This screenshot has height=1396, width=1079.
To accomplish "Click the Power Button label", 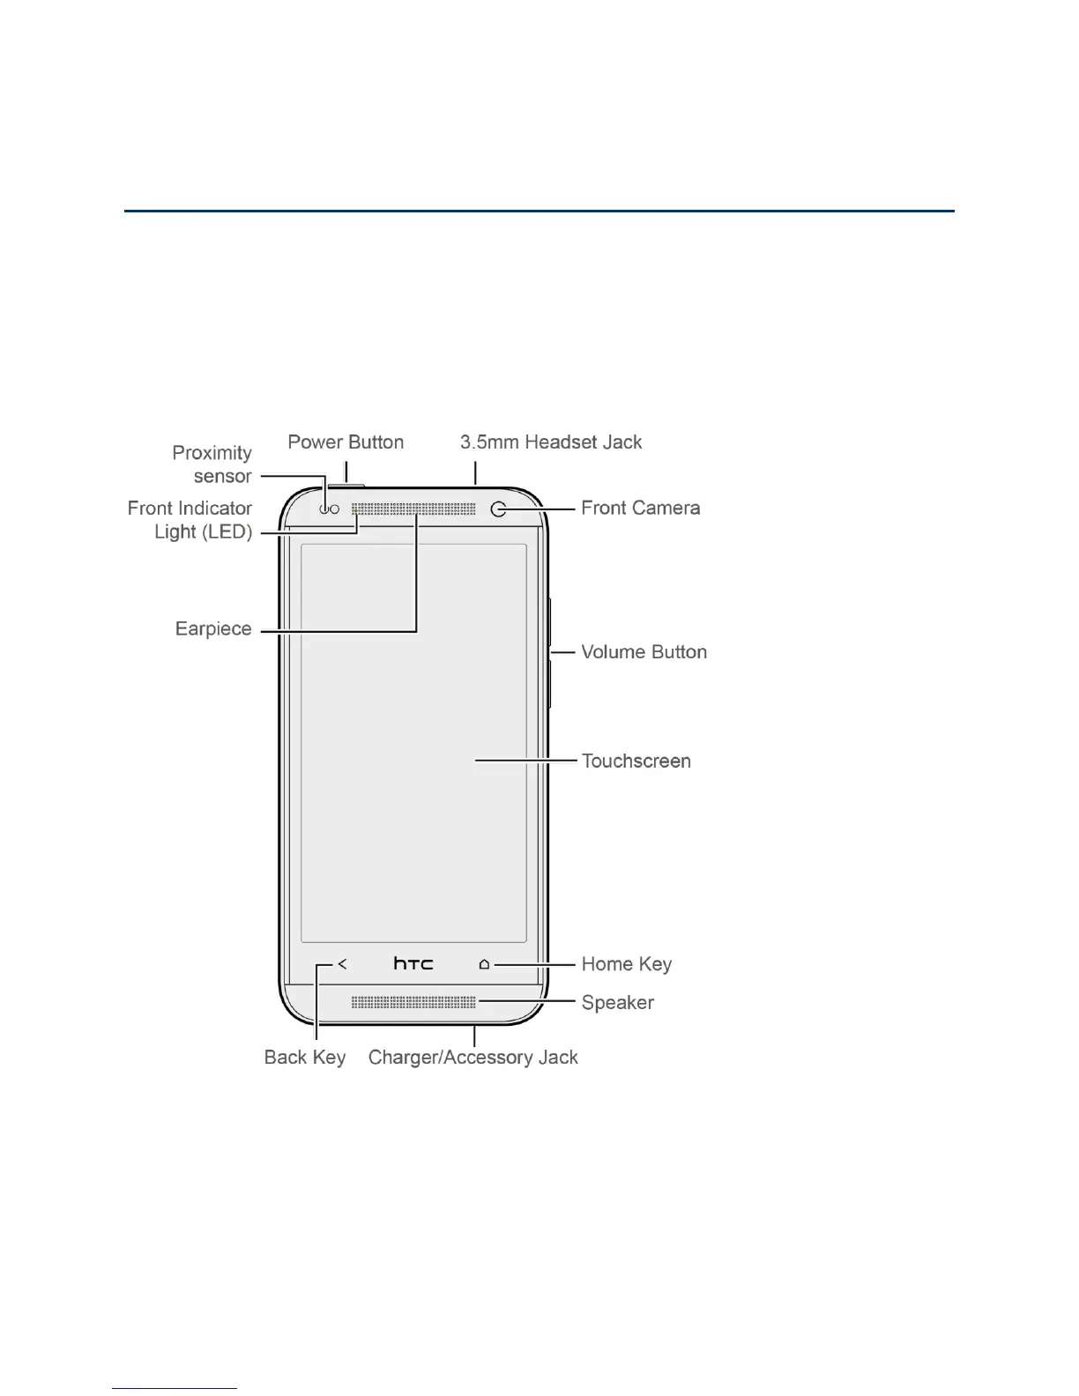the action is (x=346, y=442).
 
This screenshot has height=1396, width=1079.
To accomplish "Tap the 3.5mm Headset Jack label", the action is (x=551, y=442).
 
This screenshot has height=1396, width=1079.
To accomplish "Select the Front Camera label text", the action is (x=640, y=509).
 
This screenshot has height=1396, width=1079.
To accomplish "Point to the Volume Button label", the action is (x=644, y=653).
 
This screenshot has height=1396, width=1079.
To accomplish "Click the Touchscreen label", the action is (x=636, y=761).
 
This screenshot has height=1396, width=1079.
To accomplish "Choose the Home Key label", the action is (x=626, y=964).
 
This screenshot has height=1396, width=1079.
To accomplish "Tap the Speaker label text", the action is (x=617, y=1003).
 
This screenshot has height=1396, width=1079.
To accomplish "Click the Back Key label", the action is (x=304, y=1058).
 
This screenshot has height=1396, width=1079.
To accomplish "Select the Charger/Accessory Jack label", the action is (x=473, y=1058).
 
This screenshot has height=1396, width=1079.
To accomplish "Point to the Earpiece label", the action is (x=213, y=629).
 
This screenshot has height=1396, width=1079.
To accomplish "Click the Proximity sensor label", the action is (x=212, y=464).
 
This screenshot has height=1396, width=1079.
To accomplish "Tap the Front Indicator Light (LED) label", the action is (x=190, y=520).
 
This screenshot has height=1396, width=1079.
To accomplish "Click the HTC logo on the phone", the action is (x=413, y=964).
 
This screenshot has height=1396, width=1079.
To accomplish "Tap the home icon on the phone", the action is (x=484, y=964).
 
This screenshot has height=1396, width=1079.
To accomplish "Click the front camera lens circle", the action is (x=499, y=509).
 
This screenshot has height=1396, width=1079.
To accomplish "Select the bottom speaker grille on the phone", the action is (x=413, y=1003).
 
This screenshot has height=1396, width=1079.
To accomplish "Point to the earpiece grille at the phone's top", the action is (x=413, y=509).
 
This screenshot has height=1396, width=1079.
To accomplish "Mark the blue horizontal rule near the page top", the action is (x=539, y=212).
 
